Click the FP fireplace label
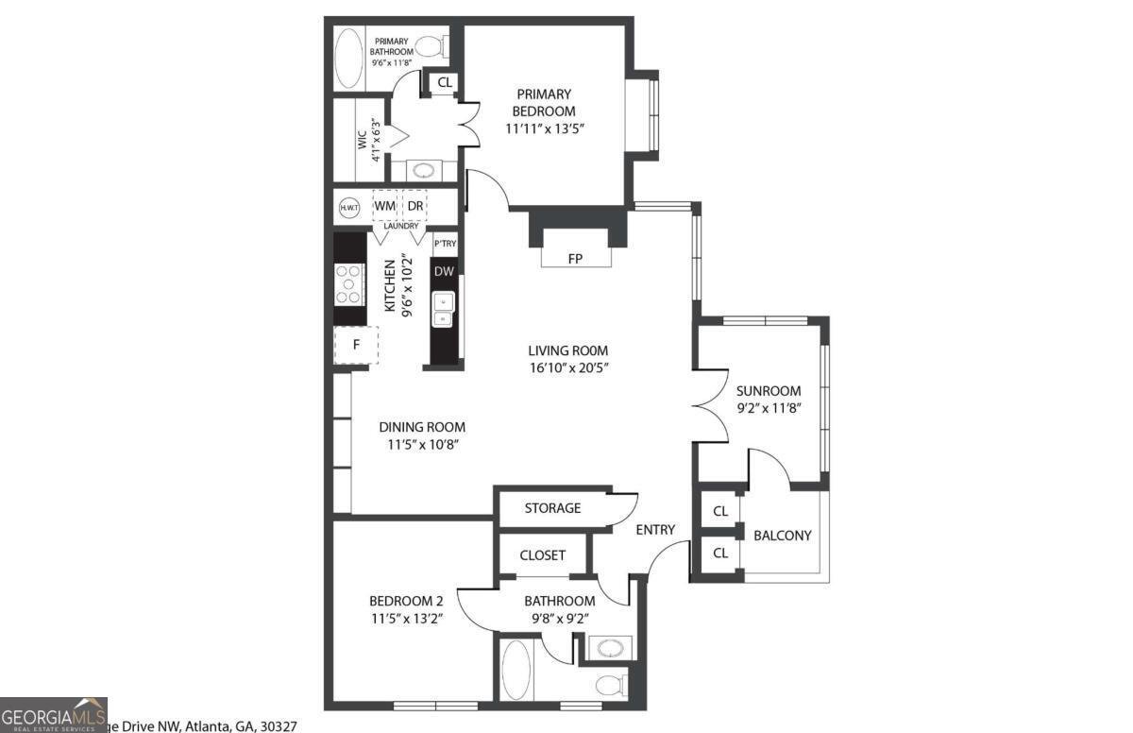click(x=574, y=258)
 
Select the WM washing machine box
click(x=385, y=206)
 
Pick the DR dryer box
click(x=415, y=206)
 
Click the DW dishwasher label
click(x=444, y=272)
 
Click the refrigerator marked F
click(x=356, y=345)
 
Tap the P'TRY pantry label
click(x=445, y=244)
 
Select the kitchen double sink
click(x=444, y=309)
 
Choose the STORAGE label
click(x=552, y=508)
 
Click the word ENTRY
click(x=655, y=530)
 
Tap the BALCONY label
click(x=782, y=536)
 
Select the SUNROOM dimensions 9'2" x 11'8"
click(x=769, y=409)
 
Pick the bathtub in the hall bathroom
click(x=516, y=670)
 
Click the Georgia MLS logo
click(x=54, y=714)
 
